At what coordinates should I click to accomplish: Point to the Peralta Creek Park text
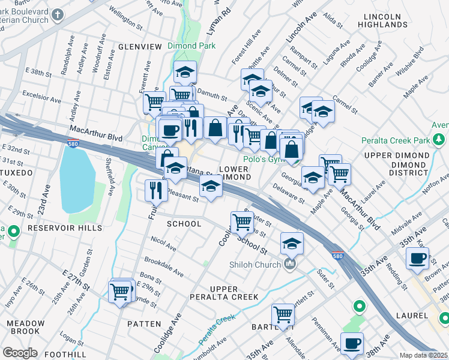click(396, 142)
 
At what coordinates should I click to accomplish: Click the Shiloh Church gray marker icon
click(291, 264)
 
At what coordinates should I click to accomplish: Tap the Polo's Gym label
click(263, 160)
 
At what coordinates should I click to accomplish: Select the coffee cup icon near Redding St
click(417, 258)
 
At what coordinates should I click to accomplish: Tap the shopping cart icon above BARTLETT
click(282, 314)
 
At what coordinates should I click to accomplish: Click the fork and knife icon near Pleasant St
click(156, 190)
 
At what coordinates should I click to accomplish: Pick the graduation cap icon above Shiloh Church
click(292, 244)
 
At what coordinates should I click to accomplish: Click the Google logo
click(20, 353)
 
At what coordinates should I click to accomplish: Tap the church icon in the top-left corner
click(58, 15)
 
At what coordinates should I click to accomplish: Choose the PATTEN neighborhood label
click(144, 323)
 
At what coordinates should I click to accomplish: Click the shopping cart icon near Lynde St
click(121, 292)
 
